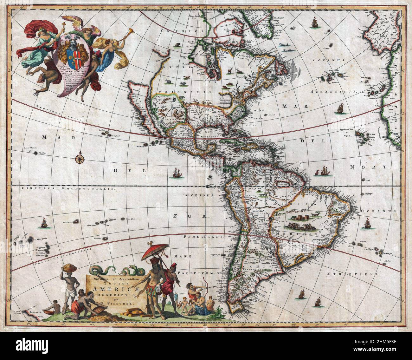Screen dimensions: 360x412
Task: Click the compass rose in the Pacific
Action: [79, 158]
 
